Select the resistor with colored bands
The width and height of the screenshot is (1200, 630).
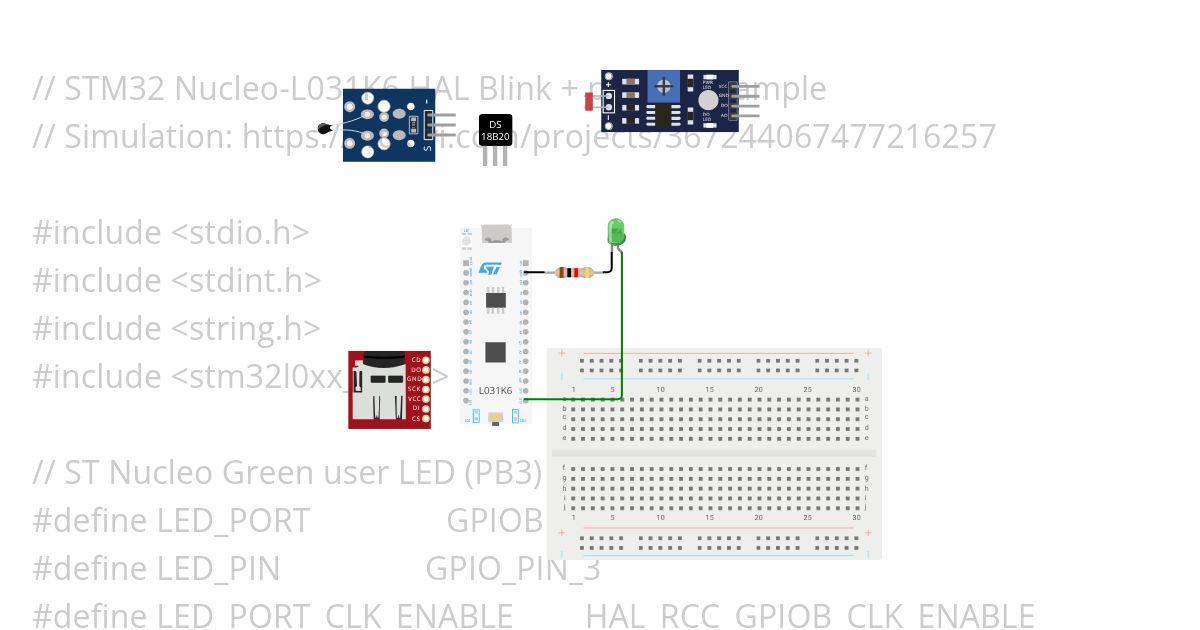573,272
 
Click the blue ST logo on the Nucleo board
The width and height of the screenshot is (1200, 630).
489,268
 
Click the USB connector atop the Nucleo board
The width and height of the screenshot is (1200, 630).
495,234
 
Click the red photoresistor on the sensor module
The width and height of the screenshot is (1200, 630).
589,101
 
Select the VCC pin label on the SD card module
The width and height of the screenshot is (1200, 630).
415,398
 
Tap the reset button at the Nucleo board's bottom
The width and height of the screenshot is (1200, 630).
495,416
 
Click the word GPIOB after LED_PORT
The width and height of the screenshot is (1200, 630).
494,520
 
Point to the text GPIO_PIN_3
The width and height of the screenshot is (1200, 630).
513,568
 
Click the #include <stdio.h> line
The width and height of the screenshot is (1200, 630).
171,232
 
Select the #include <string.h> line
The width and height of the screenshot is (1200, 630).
176,328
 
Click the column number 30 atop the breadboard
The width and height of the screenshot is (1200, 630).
856,389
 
